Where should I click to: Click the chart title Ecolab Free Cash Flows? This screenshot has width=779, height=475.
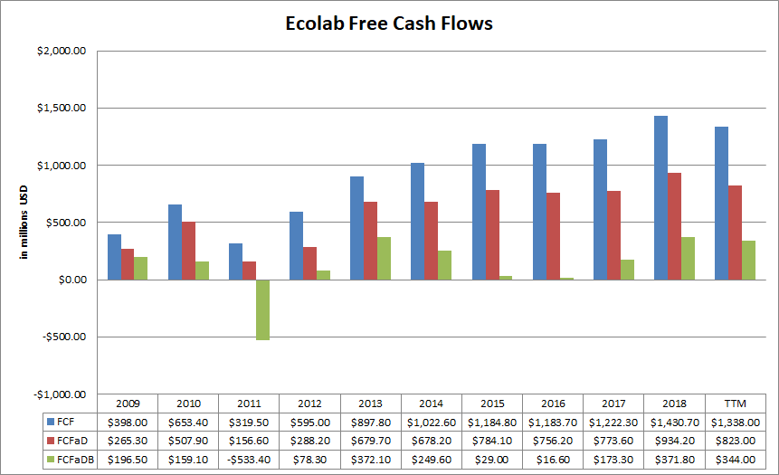(x=389, y=24)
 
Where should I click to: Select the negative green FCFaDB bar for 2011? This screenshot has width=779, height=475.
(x=262, y=309)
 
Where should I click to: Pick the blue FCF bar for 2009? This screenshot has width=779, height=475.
(x=114, y=257)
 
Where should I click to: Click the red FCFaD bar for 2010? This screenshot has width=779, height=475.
(x=188, y=251)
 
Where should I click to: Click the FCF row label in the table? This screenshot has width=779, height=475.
(x=64, y=422)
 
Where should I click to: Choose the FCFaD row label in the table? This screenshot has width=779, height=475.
(x=68, y=441)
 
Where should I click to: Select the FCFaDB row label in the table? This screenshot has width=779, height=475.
(x=71, y=460)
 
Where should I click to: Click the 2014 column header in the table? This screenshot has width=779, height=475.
(x=431, y=404)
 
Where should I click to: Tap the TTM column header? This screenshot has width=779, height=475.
(x=735, y=404)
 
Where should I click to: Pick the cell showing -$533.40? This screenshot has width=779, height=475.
(x=249, y=460)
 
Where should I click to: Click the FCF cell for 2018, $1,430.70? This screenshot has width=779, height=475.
(x=674, y=422)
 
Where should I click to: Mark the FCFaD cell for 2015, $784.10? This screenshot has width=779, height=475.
(x=491, y=441)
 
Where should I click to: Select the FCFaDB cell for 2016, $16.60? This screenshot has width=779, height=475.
(x=552, y=460)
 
